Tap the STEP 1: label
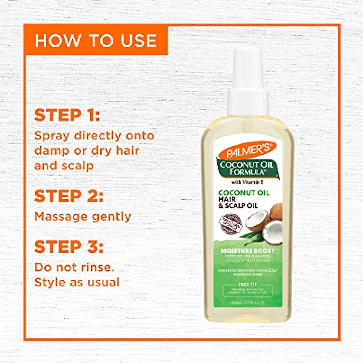(67, 115)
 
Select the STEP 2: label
(69, 196)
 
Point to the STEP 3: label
(69, 247)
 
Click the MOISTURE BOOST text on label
(247, 251)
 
